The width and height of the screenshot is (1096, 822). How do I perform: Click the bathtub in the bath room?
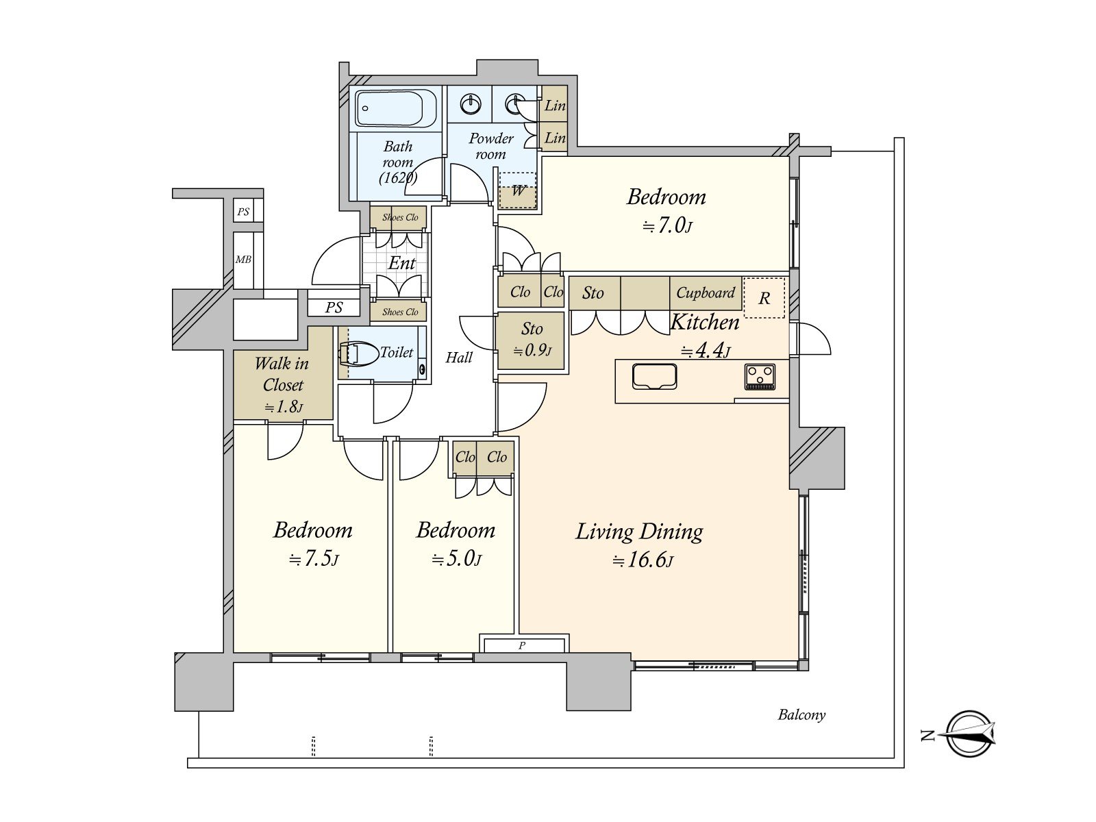point(396,108)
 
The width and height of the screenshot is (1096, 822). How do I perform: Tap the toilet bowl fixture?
point(358,354)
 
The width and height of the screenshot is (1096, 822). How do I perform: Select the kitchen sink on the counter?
point(654,376)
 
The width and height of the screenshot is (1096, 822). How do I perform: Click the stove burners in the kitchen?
point(760,376)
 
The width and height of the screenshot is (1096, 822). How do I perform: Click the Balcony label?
point(801,714)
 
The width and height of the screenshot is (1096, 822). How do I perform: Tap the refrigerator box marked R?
point(764,297)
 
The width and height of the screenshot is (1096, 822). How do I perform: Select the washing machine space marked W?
point(518,190)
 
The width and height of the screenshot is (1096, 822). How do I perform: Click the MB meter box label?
point(243,260)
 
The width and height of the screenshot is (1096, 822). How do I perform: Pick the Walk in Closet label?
point(282,374)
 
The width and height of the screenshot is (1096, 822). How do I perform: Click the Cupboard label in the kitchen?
point(705,292)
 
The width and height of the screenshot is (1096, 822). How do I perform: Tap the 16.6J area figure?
point(643,560)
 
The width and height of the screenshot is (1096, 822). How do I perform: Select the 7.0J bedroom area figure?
point(667,225)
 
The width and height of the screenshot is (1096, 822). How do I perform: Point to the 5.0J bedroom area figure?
point(456,558)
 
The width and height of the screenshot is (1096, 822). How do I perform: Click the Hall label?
point(459,358)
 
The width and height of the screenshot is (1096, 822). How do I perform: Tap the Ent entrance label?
point(401,263)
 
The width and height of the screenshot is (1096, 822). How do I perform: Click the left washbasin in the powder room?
point(470,104)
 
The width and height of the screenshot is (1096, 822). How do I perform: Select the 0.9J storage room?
point(532,341)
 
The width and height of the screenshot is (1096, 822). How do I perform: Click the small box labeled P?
point(524,645)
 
